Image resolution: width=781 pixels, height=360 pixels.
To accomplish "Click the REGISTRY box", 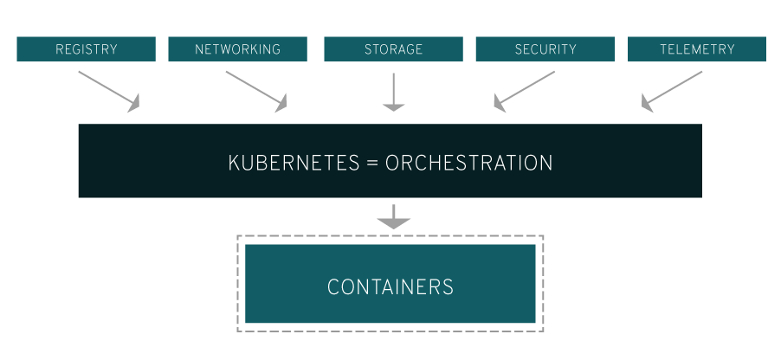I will click(x=86, y=49).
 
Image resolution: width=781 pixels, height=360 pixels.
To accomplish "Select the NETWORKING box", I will click(x=237, y=49).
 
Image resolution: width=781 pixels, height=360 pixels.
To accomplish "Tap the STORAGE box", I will click(x=393, y=49).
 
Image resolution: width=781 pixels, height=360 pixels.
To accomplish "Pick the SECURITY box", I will click(x=545, y=49).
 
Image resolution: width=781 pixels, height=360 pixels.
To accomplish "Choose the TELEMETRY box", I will click(x=696, y=49).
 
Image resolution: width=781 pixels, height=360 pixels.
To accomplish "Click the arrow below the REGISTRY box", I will click(x=107, y=90).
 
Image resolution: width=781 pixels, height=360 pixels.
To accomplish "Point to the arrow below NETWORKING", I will click(x=255, y=90).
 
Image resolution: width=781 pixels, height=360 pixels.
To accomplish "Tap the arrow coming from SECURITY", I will click(x=526, y=90).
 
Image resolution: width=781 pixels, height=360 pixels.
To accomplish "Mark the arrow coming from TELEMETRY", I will click(x=673, y=90).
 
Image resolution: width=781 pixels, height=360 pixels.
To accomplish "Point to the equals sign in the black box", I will click(x=372, y=163).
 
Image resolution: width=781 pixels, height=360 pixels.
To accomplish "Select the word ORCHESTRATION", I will click(x=468, y=163).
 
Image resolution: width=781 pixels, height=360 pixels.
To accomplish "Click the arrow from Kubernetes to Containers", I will click(x=394, y=216).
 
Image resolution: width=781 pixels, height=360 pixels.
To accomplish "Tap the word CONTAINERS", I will click(x=390, y=286).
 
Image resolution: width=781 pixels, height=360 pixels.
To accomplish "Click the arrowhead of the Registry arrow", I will click(x=132, y=106).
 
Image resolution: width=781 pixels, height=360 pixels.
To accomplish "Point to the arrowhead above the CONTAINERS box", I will click(x=394, y=223).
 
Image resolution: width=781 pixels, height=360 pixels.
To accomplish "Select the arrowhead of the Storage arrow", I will click(x=394, y=106).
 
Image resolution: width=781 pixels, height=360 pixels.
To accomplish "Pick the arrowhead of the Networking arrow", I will click(x=280, y=106).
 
